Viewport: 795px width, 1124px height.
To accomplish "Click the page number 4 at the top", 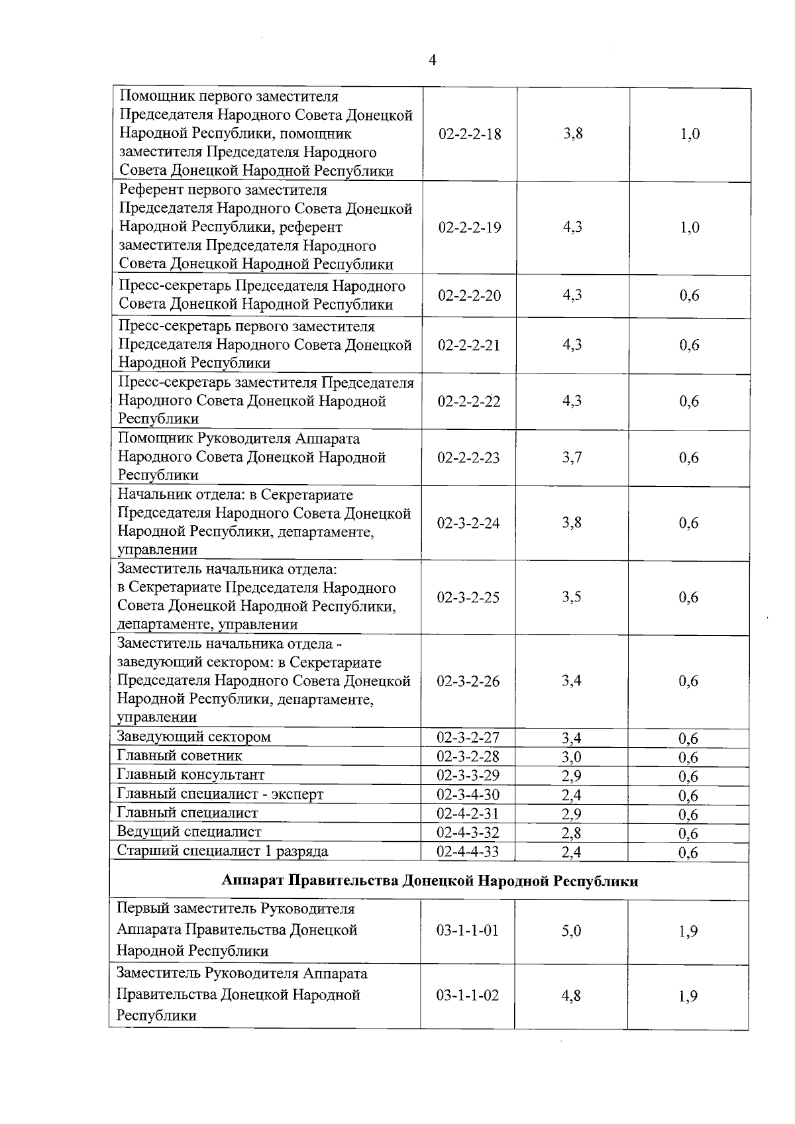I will (433, 61).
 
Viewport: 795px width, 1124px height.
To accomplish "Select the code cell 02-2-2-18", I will (470, 134).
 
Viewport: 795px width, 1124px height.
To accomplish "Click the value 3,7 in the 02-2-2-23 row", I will (572, 458).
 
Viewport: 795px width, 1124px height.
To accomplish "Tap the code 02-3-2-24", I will (468, 523).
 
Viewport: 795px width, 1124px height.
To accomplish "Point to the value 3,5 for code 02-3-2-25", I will (572, 597).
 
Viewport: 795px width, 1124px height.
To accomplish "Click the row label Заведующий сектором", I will (194, 737).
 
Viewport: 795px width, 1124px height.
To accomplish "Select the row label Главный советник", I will (180, 756).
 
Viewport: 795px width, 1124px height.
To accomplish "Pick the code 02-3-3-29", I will (468, 775).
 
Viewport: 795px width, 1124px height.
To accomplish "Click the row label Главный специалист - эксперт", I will (220, 794).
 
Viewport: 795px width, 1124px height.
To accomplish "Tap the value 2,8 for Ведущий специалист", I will (571, 833).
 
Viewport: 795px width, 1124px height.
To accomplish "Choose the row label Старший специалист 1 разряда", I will (223, 851).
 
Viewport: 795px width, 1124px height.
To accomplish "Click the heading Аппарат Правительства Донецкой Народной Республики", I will (430, 881).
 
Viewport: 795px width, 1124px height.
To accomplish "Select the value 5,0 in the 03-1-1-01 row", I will (571, 931).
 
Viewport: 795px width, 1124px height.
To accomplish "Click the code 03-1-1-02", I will (468, 996).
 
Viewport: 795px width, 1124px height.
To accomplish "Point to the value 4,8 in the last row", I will (571, 996).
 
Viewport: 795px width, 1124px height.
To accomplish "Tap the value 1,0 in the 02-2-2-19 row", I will (690, 228).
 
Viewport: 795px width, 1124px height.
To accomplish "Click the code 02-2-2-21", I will (469, 345).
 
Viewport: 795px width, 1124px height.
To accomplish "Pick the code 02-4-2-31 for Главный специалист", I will (468, 813).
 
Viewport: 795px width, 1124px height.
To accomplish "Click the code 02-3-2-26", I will (468, 682).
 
